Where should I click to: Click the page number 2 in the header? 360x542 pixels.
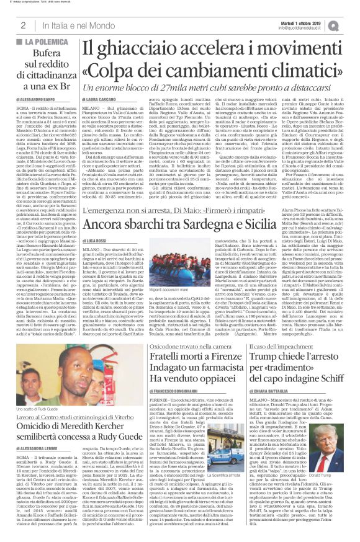coord(23,25)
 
